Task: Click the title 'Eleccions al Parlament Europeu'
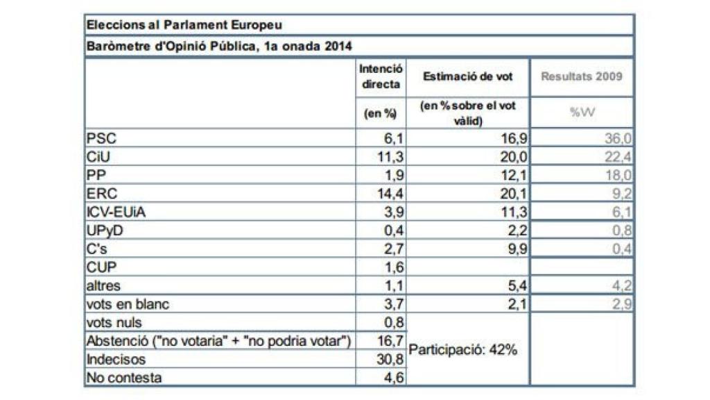184,24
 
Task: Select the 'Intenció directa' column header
381,77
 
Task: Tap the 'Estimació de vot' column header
468,77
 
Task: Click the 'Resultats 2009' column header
582,77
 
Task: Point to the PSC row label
99,139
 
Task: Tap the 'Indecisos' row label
112,360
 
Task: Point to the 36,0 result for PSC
617,139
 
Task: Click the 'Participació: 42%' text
463,350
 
